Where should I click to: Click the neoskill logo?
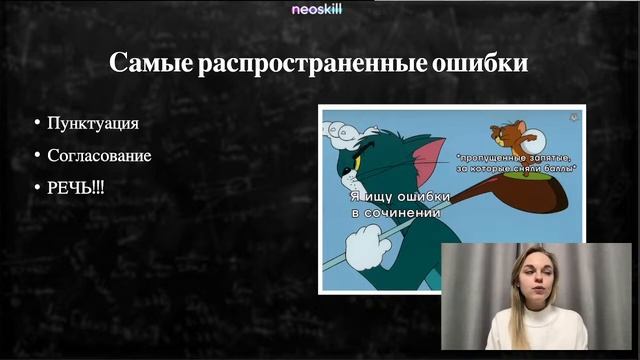click(x=319, y=9)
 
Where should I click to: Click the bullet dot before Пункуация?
click(x=37, y=124)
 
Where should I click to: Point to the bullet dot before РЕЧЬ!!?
click(x=37, y=188)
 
